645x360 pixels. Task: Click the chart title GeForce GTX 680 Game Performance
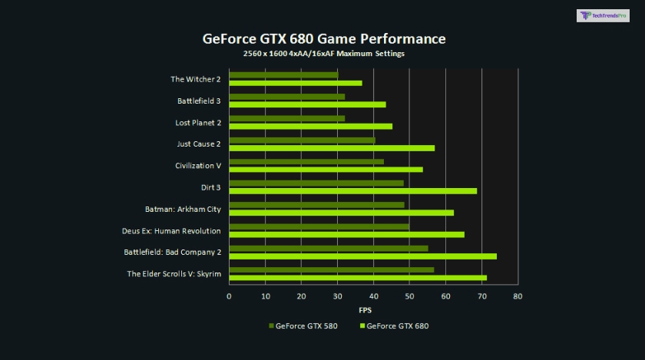[323, 38]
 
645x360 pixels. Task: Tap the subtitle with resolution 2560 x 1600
[323, 54]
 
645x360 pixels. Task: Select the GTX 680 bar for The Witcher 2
[296, 83]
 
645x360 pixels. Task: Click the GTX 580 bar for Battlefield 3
[287, 97]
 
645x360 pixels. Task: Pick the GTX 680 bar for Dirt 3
[353, 190]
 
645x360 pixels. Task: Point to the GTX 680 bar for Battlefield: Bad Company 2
[363, 256]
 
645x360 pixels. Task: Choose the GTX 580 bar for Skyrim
[332, 270]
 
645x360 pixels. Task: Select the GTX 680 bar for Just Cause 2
[332, 147]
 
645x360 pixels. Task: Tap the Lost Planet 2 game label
[198, 123]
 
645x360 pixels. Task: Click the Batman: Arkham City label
[183, 209]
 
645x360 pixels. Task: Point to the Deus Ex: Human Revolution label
[171, 231]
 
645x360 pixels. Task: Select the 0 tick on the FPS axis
[229, 296]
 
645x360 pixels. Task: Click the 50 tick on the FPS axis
[409, 296]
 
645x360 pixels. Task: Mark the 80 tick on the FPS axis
[518, 296]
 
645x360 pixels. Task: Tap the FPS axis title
[365, 310]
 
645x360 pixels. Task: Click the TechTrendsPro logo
[602, 15]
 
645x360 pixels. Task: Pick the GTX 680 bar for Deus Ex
[347, 234]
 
